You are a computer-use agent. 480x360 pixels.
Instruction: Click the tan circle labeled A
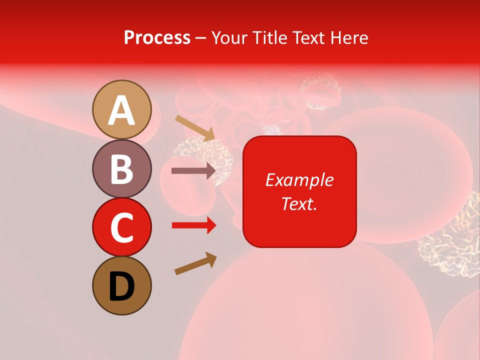(x=122, y=109)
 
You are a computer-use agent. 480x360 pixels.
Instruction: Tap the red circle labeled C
(x=122, y=227)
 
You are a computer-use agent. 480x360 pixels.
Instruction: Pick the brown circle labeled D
(x=122, y=285)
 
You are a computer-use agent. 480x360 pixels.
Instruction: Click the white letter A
(x=122, y=110)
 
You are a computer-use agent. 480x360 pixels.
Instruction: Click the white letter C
(x=122, y=228)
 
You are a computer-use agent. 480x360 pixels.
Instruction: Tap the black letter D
(x=122, y=286)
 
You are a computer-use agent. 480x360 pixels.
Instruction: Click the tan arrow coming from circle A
(x=195, y=128)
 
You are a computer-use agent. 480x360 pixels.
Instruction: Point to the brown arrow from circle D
(x=195, y=264)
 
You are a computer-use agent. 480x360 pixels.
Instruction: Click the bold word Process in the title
(x=157, y=37)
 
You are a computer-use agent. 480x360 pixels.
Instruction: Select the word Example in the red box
(x=299, y=180)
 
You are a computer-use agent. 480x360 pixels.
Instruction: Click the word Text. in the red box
(x=299, y=203)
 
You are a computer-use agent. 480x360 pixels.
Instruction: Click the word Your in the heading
(x=228, y=37)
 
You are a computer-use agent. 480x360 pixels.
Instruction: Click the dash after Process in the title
(x=200, y=38)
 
